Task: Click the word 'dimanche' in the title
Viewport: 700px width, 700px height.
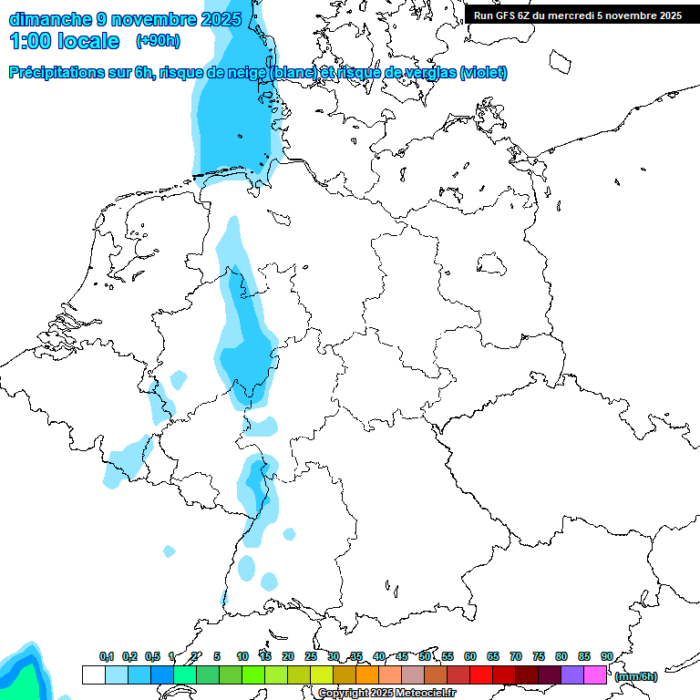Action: (46, 19)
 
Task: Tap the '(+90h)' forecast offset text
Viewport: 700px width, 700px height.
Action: (157, 41)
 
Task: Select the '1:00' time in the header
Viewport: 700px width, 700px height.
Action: (30, 41)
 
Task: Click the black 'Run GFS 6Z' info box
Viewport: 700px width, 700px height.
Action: (578, 15)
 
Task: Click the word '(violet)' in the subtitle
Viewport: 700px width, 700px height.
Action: (483, 73)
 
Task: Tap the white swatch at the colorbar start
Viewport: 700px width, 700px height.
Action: (93, 675)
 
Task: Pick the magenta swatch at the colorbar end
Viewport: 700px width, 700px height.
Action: (595, 675)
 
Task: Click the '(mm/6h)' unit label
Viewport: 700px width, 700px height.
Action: (636, 676)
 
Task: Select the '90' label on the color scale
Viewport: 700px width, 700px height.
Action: (606, 656)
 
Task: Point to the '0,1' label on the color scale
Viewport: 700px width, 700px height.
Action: (106, 656)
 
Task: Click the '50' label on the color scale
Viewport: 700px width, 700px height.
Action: (425, 656)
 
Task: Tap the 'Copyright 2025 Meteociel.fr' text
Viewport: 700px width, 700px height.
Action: (386, 693)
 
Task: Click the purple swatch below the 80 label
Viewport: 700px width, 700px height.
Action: (572, 675)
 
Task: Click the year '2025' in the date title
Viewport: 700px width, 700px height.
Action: (221, 19)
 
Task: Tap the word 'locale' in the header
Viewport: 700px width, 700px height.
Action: (87, 41)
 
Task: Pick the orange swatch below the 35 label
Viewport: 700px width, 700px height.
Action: (367, 675)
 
